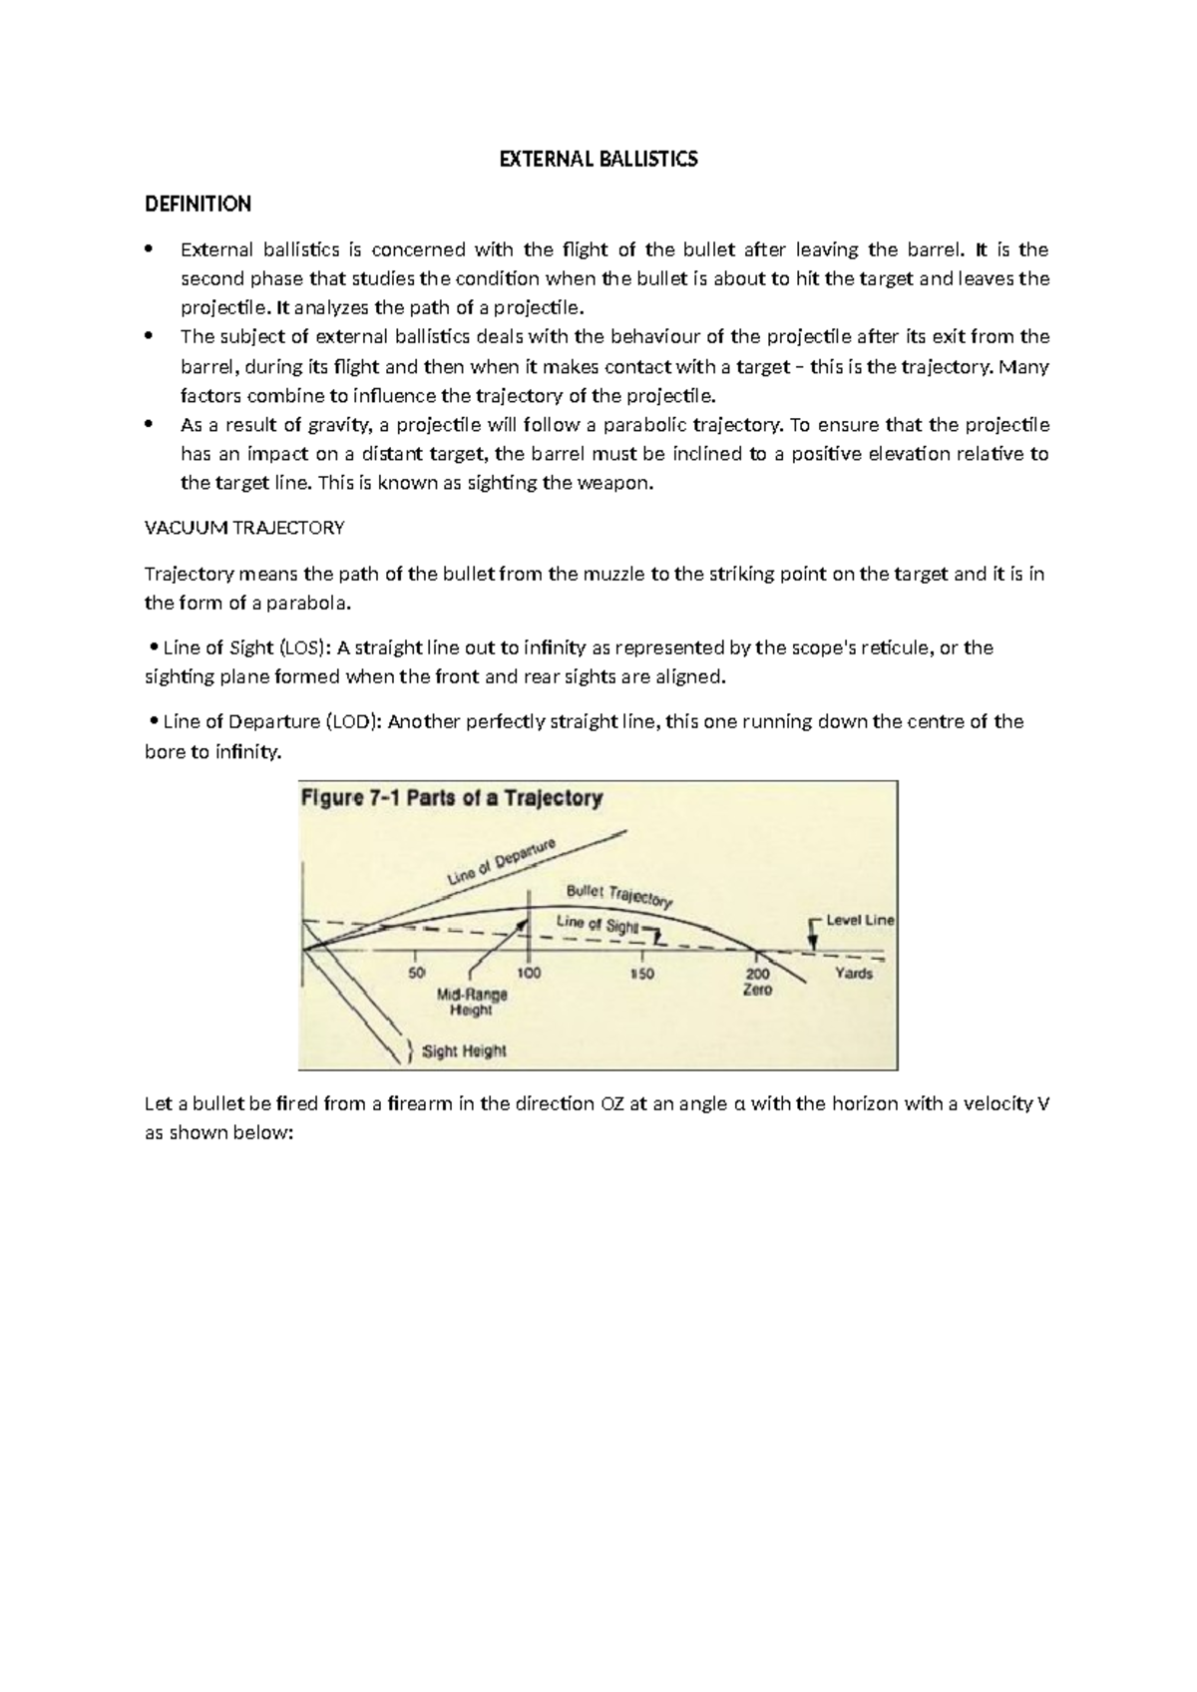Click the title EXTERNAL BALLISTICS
(x=598, y=160)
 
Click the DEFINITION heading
(x=198, y=205)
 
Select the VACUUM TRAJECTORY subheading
(x=244, y=528)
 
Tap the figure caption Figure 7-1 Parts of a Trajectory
(x=452, y=798)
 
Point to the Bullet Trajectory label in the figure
(x=619, y=895)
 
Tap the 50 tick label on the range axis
(x=417, y=973)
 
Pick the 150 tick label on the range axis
(x=641, y=973)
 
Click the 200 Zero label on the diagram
(x=757, y=981)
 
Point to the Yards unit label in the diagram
(x=853, y=973)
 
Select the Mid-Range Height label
(x=472, y=1002)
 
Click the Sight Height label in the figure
(x=464, y=1051)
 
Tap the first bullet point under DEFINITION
(x=151, y=249)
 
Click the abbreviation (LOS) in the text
(x=301, y=647)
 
